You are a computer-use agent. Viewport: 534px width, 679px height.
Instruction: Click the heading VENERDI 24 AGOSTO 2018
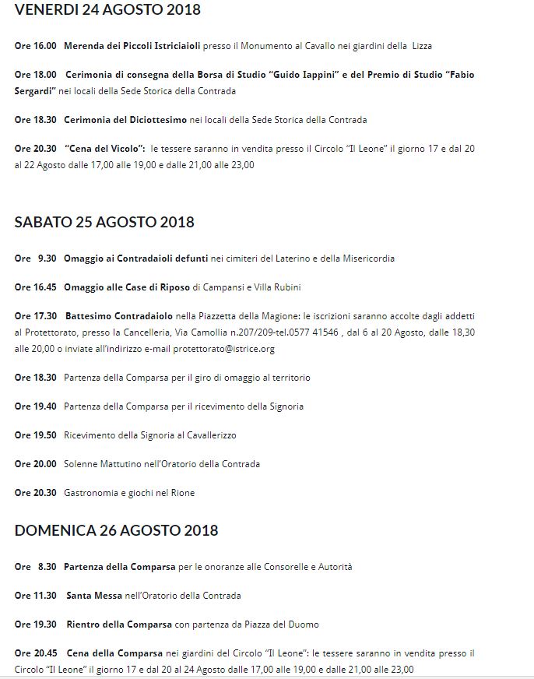pos(107,10)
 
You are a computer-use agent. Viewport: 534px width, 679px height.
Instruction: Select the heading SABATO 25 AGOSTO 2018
pos(104,222)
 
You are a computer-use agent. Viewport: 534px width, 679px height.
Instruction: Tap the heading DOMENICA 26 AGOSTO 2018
pos(116,530)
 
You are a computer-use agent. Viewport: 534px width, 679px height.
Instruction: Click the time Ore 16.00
pos(36,46)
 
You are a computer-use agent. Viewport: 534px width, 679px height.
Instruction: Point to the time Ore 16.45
pos(36,287)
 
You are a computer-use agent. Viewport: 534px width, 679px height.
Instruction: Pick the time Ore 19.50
pos(36,435)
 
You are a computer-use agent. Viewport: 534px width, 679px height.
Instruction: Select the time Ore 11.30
pos(36,596)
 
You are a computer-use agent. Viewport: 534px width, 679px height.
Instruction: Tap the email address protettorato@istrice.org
pos(223,349)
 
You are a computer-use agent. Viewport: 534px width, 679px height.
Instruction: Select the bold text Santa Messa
pos(94,596)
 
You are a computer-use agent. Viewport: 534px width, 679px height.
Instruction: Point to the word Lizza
pos(422,46)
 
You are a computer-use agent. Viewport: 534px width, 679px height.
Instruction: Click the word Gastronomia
pos(92,493)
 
